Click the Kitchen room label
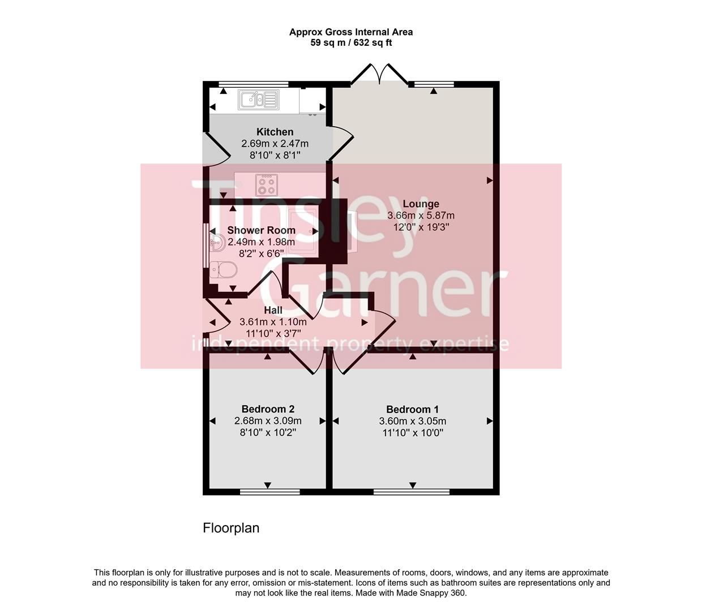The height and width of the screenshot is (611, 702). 275,132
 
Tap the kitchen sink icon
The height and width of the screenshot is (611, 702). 258,100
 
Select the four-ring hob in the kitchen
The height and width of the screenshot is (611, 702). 266,184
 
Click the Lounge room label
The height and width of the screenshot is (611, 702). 421,204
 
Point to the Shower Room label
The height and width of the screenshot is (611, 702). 261,230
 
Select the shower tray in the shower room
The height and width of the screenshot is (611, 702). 303,232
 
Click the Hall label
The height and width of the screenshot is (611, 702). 273,310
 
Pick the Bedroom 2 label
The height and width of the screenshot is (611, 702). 268,409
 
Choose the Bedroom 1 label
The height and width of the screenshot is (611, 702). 413,409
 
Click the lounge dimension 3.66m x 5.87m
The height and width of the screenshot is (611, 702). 421,216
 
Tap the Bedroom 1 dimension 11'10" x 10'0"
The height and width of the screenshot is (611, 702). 413,433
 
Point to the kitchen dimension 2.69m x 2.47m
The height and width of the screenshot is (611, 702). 275,144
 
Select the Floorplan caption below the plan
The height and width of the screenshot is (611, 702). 231,528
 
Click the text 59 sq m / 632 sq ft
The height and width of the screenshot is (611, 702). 351,42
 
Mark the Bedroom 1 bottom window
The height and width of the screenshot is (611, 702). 412,491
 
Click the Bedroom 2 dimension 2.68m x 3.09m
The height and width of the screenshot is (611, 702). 268,421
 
